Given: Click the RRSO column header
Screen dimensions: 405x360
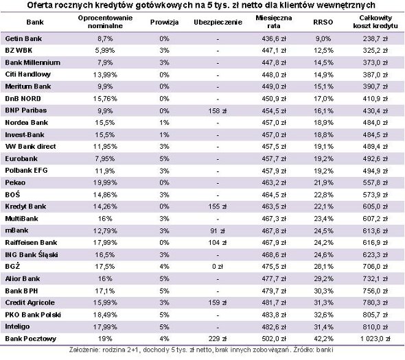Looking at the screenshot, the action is coord(323,22).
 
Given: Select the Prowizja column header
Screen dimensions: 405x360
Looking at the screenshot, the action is coord(164,23).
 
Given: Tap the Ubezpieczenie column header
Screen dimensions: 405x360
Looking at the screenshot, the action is coord(218,23).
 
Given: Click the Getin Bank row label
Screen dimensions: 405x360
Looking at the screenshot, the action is coord(23,38).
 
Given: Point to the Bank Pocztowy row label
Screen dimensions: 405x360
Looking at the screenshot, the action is coord(30,339).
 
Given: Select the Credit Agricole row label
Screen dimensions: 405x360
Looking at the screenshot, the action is coord(30,302).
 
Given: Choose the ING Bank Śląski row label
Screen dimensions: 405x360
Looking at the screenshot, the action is coord(32,254).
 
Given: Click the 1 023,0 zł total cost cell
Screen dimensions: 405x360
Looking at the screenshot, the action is coord(375,339).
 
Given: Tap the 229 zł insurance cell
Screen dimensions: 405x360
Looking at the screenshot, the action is coord(217,339).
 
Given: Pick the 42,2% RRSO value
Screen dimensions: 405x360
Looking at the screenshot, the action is coord(323,339).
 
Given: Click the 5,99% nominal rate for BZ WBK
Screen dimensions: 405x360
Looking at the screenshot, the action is coord(105,51).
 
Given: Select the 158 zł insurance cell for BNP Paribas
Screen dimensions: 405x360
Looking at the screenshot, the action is coord(217,111).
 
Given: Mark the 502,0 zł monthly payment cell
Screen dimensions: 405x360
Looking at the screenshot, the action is coord(274,339).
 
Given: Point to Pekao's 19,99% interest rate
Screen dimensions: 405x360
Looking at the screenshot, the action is coord(105,182).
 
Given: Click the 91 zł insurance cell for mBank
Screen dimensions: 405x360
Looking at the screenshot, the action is coord(217,230).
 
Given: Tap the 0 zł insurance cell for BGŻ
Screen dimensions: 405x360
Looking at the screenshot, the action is coord(218,267).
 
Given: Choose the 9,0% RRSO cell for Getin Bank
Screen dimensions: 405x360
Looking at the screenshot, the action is coord(323,39).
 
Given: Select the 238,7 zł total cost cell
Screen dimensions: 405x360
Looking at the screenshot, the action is coord(375,39).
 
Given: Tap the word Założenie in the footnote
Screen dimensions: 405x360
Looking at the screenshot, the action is coord(84,350).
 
